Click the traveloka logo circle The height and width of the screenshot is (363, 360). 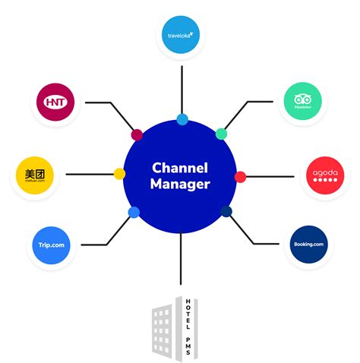(x=182, y=33)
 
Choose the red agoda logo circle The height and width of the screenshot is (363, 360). (x=327, y=176)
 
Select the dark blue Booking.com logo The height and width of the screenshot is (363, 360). (x=308, y=245)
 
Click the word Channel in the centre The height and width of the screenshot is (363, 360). (x=180, y=167)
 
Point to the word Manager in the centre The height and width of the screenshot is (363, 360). (x=180, y=185)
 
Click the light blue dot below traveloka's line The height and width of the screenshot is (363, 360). (x=182, y=119)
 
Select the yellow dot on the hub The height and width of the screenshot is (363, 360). (x=119, y=174)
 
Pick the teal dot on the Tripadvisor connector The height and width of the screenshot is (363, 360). (x=221, y=134)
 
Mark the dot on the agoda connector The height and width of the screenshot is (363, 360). (x=240, y=177)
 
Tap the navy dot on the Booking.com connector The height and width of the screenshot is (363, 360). (x=226, y=211)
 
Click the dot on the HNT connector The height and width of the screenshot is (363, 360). (x=137, y=135)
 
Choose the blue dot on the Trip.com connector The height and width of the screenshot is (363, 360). (x=134, y=212)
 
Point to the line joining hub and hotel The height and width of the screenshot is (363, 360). (x=181, y=262)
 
